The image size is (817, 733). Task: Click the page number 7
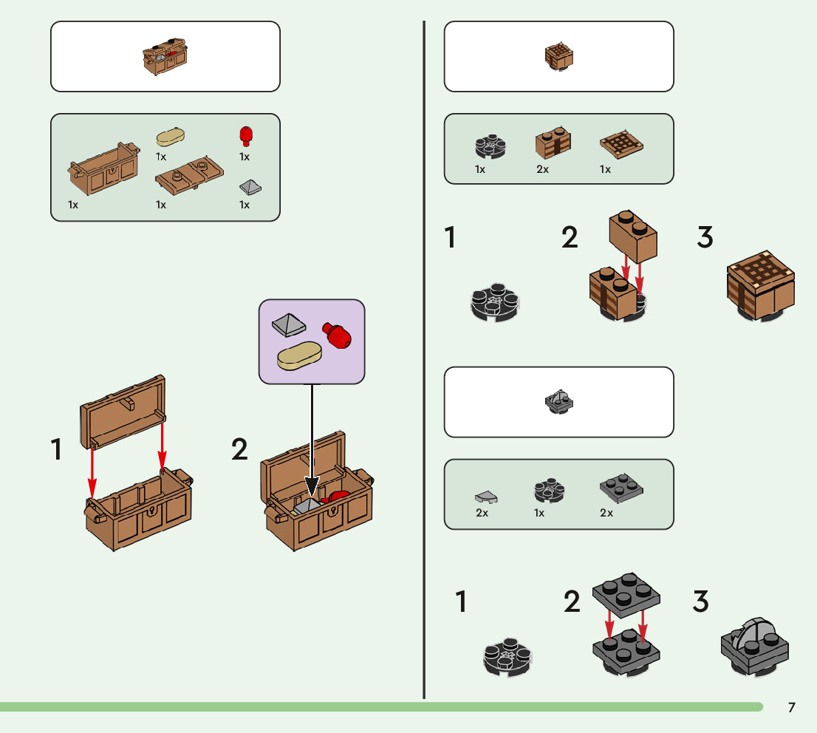[791, 708]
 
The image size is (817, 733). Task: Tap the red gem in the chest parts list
[246, 136]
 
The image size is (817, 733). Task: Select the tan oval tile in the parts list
[171, 137]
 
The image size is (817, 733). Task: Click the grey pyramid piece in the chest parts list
[250, 186]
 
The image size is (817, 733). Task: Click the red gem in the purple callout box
[336, 335]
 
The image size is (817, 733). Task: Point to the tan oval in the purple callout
[298, 357]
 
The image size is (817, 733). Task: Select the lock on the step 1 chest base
[151, 512]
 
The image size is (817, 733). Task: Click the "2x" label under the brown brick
[543, 169]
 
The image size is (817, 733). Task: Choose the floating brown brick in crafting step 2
[632, 236]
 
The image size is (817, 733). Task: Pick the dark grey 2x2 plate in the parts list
[620, 490]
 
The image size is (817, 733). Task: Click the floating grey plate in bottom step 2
[626, 594]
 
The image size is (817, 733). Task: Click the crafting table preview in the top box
[558, 56]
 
